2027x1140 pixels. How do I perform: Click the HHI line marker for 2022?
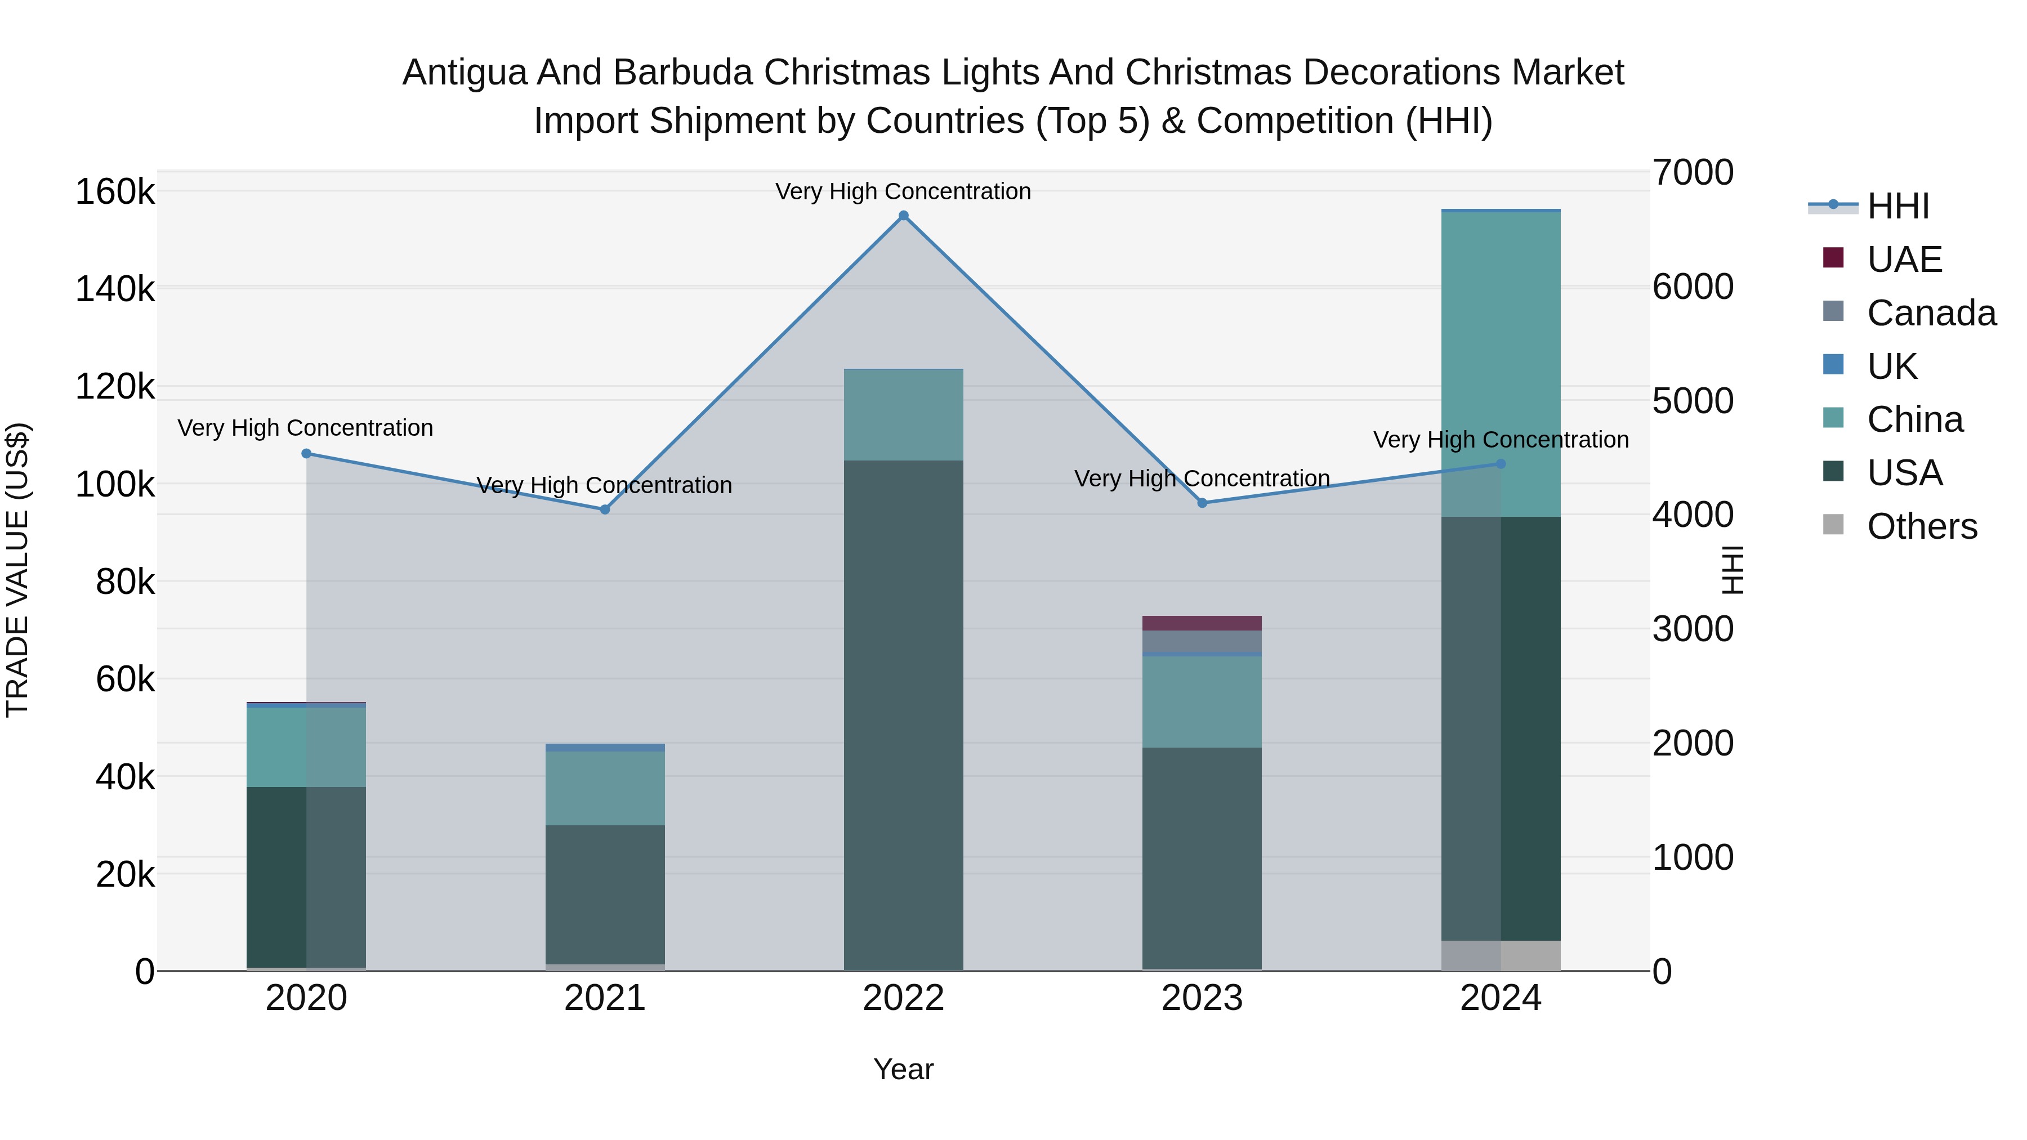(903, 216)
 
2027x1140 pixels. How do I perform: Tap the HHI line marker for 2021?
(604, 510)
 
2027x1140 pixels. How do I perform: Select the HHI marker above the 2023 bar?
(1202, 503)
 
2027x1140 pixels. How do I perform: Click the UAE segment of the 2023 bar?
(1202, 623)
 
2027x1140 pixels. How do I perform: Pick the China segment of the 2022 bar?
(903, 414)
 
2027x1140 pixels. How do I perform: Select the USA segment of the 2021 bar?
(604, 894)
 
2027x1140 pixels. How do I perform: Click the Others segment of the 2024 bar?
(1501, 955)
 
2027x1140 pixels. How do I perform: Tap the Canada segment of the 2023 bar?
(1202, 641)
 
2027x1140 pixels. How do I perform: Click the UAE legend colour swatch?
(1833, 258)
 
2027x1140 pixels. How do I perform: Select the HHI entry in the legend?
(1897, 206)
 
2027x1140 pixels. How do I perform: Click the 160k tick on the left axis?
(115, 192)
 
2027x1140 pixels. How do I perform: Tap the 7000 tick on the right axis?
(1693, 173)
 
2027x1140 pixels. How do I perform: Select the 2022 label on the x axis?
(903, 998)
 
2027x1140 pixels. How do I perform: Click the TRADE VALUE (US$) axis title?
(17, 570)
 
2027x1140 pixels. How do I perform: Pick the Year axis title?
(903, 1069)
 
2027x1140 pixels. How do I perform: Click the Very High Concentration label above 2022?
(903, 191)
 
